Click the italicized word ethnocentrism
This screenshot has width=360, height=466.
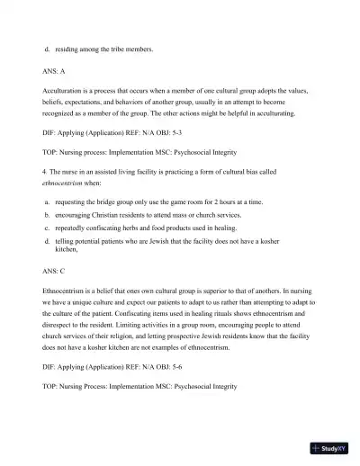coord(66,181)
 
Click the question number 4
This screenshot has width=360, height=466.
coord(44,171)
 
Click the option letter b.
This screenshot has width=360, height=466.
coord(46,216)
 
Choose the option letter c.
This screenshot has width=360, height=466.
coord(46,229)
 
